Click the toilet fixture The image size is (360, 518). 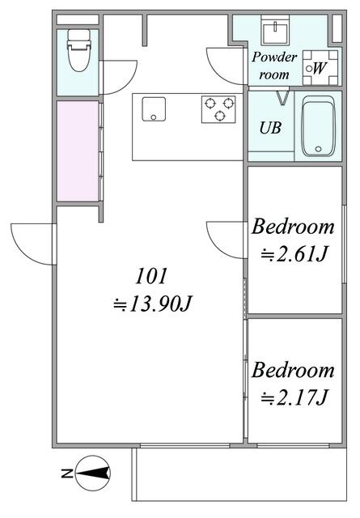coord(78,50)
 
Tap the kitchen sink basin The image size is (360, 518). coord(154,109)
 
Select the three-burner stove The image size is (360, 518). coord(218,109)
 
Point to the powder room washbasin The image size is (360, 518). coord(275,30)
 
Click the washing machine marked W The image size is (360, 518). coord(320,68)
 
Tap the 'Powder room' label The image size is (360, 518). coord(274,66)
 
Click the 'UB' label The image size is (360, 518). coord(270,128)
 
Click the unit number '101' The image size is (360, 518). coord(151,276)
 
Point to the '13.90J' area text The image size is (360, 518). coord(152,304)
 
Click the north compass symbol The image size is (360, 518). coord(93,473)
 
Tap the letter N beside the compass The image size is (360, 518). coord(67,473)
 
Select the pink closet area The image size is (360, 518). coord(78,151)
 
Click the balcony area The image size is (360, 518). coord(239,474)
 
